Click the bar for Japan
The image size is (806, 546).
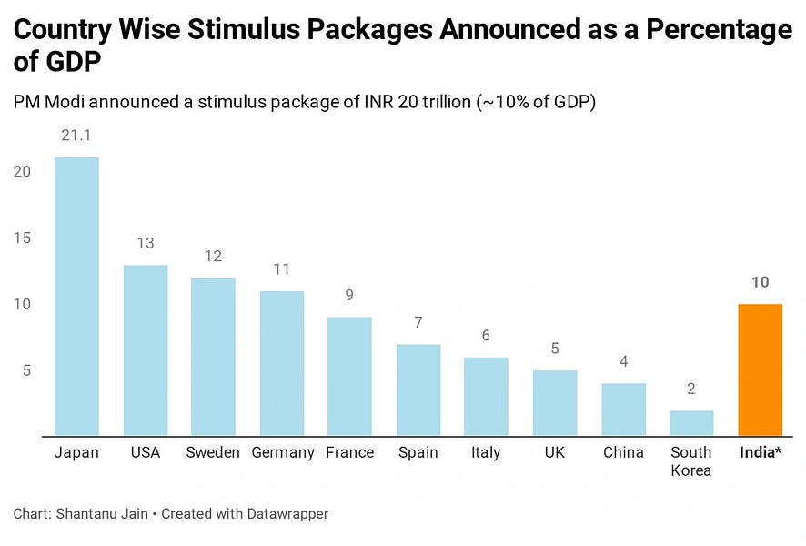pyautogui.click(x=76, y=296)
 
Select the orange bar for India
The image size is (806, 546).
pyautogui.click(x=760, y=369)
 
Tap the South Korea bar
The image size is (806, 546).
pyautogui.click(x=691, y=422)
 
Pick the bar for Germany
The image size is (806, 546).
pyautogui.click(x=282, y=363)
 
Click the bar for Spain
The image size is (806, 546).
pyautogui.click(x=418, y=389)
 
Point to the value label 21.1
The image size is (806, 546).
pyautogui.click(x=76, y=136)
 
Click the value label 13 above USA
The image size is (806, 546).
pyautogui.click(x=145, y=243)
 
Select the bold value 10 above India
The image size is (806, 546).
pyautogui.click(x=760, y=282)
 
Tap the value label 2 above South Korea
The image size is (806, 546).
pyautogui.click(x=691, y=389)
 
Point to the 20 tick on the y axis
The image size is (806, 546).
pyautogui.click(x=23, y=172)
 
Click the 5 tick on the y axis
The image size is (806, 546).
pyautogui.click(x=27, y=370)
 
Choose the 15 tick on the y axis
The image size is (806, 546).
pyautogui.click(x=23, y=238)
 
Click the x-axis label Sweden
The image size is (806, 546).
pyautogui.click(x=213, y=452)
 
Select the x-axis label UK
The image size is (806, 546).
pyautogui.click(x=555, y=452)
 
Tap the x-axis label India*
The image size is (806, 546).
pyautogui.click(x=760, y=452)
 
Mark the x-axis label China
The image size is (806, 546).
pyautogui.click(x=623, y=452)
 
